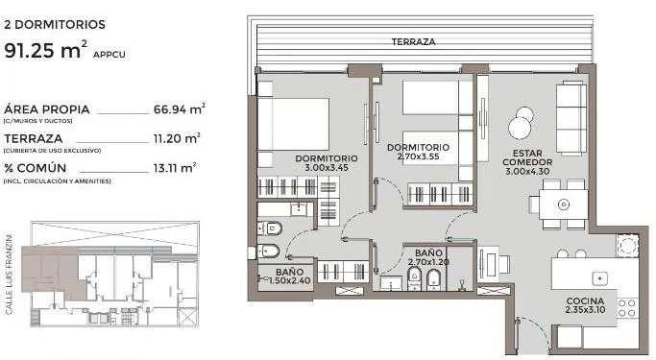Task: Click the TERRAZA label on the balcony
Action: (x=413, y=42)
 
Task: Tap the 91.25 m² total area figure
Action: (x=46, y=50)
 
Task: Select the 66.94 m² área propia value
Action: (x=180, y=109)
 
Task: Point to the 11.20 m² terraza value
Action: (x=177, y=138)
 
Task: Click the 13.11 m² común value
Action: (x=175, y=168)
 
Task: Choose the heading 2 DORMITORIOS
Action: (x=55, y=24)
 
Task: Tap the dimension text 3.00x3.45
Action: (x=327, y=168)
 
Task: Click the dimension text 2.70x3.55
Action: (x=418, y=156)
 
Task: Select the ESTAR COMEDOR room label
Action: (x=527, y=157)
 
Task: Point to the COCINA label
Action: (x=585, y=301)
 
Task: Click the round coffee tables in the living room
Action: (x=522, y=122)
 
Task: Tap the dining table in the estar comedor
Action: (x=564, y=204)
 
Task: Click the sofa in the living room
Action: (x=571, y=118)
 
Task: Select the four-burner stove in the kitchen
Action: (x=627, y=307)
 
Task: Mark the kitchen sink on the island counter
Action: (x=600, y=278)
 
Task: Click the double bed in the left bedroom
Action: (x=293, y=124)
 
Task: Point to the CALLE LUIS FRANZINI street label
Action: (x=10, y=275)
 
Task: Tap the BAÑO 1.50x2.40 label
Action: (x=289, y=276)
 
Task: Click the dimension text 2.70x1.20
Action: (x=428, y=262)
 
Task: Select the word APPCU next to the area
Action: (x=109, y=55)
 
